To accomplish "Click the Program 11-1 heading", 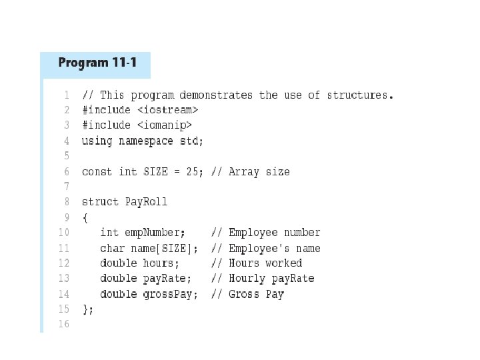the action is point(97,63).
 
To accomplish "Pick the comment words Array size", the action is point(259,171).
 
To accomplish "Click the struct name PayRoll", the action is point(146,201).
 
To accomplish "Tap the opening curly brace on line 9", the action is point(85,217).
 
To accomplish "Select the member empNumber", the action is point(153,233).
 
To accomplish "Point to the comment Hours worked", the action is point(265,263).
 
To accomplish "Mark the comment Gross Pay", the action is point(256,294).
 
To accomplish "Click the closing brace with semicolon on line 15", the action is point(87,309).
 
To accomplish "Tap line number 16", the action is point(63,324).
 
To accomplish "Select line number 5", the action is point(66,156).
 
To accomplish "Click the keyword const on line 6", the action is point(97,171).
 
